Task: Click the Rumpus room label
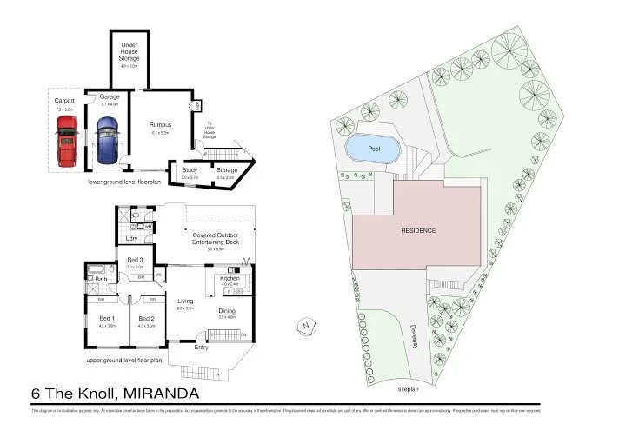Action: (x=160, y=124)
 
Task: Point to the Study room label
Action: (x=189, y=169)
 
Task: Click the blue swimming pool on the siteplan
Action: (x=373, y=149)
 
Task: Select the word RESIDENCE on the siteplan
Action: (x=417, y=230)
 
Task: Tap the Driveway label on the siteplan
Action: (x=416, y=334)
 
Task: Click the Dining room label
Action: (x=227, y=310)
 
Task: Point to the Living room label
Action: (x=185, y=301)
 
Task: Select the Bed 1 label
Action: (x=106, y=318)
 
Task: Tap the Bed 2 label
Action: (x=146, y=318)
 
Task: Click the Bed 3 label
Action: (x=135, y=260)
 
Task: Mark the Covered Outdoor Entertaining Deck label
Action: (x=209, y=237)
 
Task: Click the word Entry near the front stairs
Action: (x=202, y=348)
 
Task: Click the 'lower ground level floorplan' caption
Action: (x=125, y=183)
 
